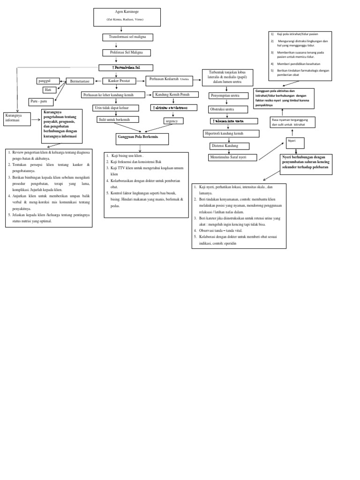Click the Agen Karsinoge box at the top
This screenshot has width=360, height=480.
click(x=127, y=17)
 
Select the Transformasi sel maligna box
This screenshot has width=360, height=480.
click(x=127, y=37)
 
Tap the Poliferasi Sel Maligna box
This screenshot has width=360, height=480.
click(x=127, y=52)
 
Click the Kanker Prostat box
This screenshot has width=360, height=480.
click(x=119, y=81)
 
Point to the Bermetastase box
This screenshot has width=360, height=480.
click(x=80, y=81)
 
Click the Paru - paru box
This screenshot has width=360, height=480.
click(x=41, y=101)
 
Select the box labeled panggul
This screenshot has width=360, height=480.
click(x=48, y=81)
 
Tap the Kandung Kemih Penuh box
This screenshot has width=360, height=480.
click(x=175, y=94)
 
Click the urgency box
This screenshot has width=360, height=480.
click(x=173, y=120)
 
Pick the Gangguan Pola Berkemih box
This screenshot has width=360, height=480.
click(x=142, y=139)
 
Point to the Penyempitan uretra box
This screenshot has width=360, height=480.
click(x=228, y=96)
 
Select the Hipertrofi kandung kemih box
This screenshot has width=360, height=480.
click(x=231, y=134)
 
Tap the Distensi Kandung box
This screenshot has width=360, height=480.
click(x=229, y=146)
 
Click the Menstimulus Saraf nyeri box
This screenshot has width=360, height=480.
click(x=232, y=157)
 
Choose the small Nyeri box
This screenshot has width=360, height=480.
click(x=295, y=142)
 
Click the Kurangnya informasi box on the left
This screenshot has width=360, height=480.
click(x=17, y=119)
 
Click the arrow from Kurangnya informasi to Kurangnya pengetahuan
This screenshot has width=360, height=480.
click(x=36, y=120)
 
